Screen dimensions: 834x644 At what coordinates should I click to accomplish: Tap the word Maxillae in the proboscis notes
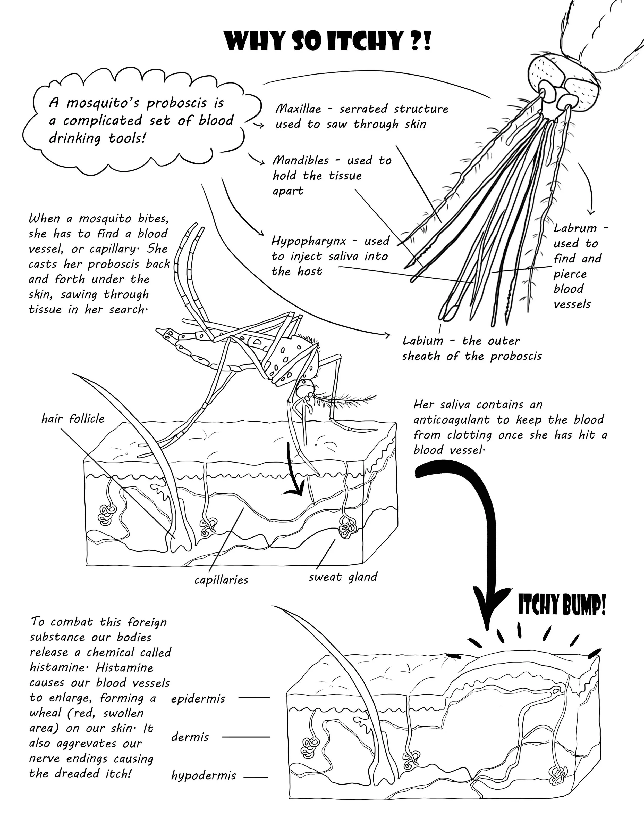click(x=298, y=109)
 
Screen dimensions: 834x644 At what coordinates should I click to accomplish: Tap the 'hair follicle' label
click(x=73, y=419)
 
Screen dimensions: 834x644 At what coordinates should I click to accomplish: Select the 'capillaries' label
click(x=221, y=580)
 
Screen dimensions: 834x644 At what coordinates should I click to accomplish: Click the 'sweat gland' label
click(x=343, y=577)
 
